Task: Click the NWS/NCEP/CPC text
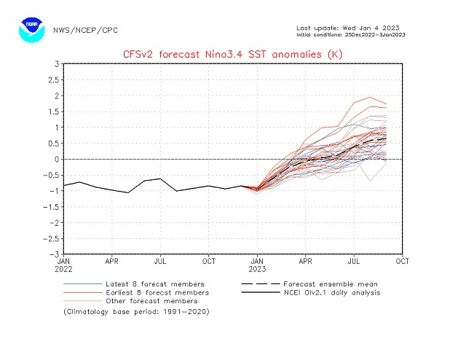pos(85,31)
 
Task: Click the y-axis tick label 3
pos(56,64)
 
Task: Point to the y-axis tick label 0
pos(56,159)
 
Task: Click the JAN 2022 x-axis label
pos(64,264)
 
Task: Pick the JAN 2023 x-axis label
pos(257,264)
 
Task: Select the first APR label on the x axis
pos(112,260)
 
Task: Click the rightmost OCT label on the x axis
pos(402,260)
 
